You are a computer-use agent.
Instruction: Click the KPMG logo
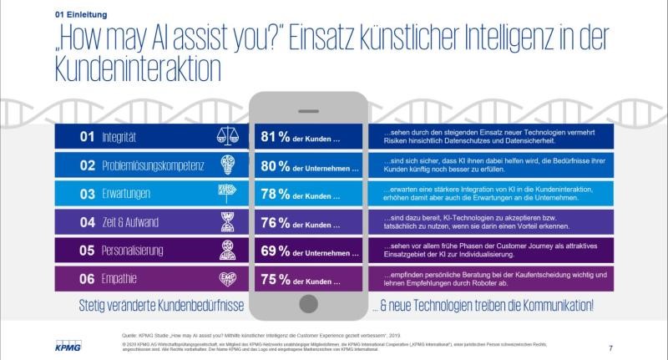click(x=70, y=345)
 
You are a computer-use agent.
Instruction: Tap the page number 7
click(x=611, y=347)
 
